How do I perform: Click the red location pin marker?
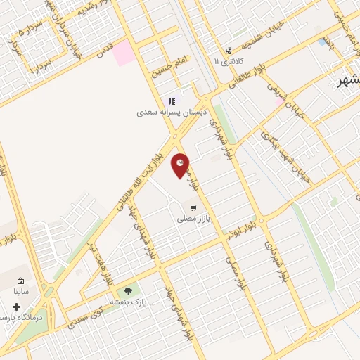pos(181,165)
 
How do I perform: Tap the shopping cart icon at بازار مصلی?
pos(193,207)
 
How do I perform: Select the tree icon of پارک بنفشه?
pos(128,292)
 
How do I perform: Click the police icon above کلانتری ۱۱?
pos(229,51)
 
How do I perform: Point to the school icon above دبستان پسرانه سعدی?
pos(171,101)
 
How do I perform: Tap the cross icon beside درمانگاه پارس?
pos(16,307)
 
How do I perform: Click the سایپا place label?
pos(22,290)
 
